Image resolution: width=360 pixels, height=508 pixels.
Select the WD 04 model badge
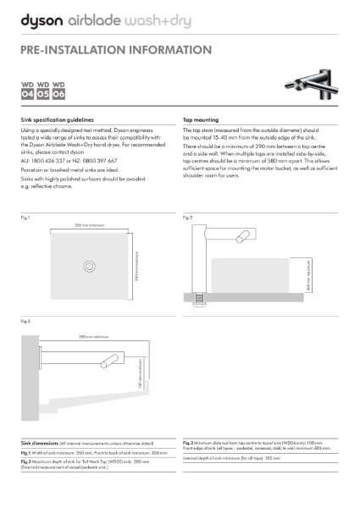tap(28, 91)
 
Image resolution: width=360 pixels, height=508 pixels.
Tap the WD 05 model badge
tap(43, 91)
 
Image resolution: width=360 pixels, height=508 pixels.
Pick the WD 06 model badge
tap(58, 91)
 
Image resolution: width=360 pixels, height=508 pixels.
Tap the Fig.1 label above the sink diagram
tap(25, 218)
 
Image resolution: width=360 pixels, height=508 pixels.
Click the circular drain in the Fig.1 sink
tap(89, 266)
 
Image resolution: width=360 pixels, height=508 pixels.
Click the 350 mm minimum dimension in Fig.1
tap(89, 226)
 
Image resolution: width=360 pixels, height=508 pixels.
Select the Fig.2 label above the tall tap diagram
tap(188, 218)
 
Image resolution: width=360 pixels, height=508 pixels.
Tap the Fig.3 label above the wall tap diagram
tap(25, 323)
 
